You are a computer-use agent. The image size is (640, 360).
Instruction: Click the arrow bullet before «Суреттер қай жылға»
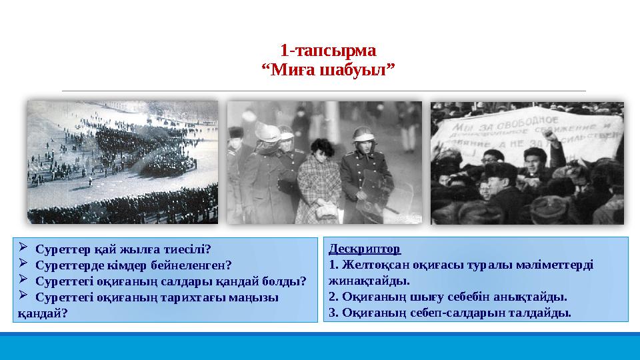(x=24, y=249)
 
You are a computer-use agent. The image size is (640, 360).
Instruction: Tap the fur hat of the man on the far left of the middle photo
(x=235, y=131)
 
